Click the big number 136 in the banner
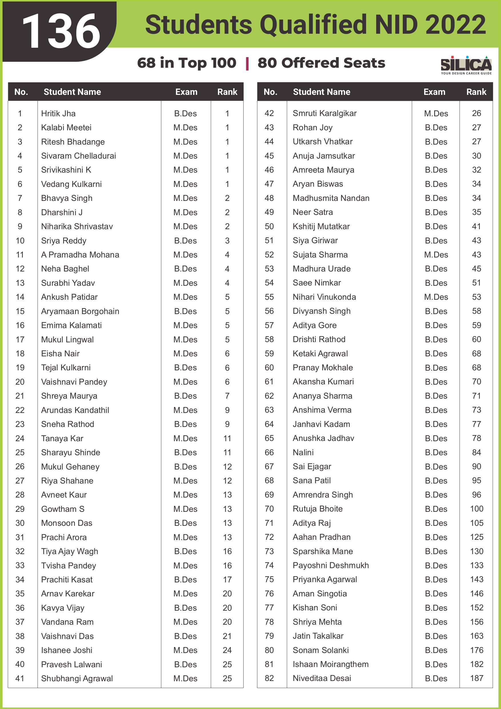pyautogui.click(x=61, y=31)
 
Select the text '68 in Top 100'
pyautogui.click(x=187, y=63)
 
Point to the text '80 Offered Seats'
pyautogui.click(x=321, y=63)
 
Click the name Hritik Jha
pyautogui.click(x=58, y=113)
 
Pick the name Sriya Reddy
pyautogui.click(x=64, y=241)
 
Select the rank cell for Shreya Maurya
pyautogui.click(x=227, y=396)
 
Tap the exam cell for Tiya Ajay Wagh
pyautogui.click(x=185, y=551)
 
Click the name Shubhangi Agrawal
pyautogui.click(x=77, y=678)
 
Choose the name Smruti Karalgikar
pyautogui.click(x=324, y=113)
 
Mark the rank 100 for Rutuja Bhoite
pyautogui.click(x=476, y=509)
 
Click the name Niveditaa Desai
pyautogui.click(x=322, y=678)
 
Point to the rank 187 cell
pyautogui.click(x=476, y=678)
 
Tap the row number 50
pyautogui.click(x=269, y=226)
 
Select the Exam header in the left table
pyautogui.click(x=186, y=92)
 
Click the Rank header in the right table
pyautogui.click(x=476, y=92)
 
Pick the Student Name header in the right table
pyautogui.click(x=321, y=92)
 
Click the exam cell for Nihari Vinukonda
pyautogui.click(x=436, y=297)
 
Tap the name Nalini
pyautogui.click(x=303, y=452)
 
